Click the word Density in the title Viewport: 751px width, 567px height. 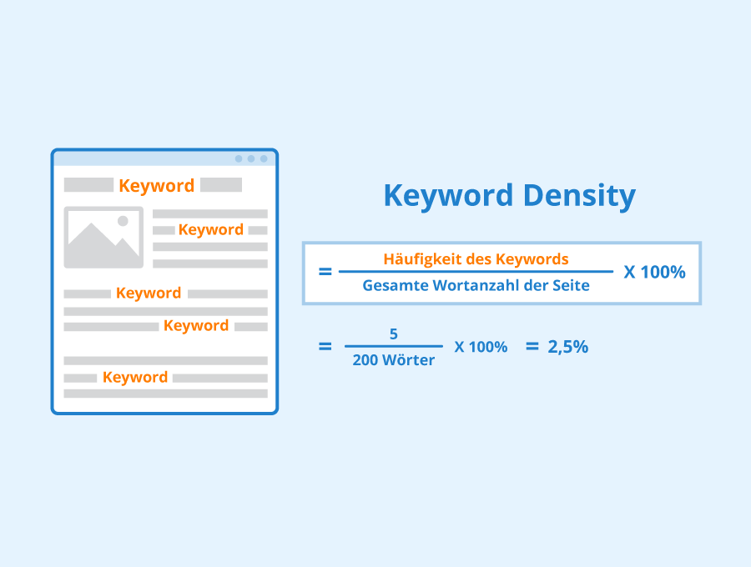click(x=580, y=196)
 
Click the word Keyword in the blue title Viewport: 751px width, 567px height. click(x=448, y=195)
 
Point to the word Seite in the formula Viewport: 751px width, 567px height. click(x=571, y=285)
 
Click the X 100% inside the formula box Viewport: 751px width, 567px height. click(x=654, y=273)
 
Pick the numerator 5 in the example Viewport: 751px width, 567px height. click(x=394, y=334)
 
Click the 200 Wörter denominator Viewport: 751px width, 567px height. click(x=394, y=360)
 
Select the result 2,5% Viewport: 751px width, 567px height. click(x=568, y=347)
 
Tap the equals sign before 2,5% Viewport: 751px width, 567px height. click(x=532, y=346)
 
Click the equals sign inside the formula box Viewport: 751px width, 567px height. click(x=325, y=272)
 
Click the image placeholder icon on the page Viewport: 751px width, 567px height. click(x=103, y=238)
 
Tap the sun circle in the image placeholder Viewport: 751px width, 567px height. click(x=123, y=221)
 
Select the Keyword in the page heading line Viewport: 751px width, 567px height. click(x=157, y=186)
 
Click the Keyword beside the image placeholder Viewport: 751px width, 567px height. click(x=211, y=229)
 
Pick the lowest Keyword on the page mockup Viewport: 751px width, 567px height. click(x=135, y=377)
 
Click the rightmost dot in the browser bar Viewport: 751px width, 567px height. click(x=264, y=159)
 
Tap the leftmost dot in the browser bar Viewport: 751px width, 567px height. click(x=239, y=159)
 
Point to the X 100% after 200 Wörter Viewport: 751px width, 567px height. click(x=481, y=347)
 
